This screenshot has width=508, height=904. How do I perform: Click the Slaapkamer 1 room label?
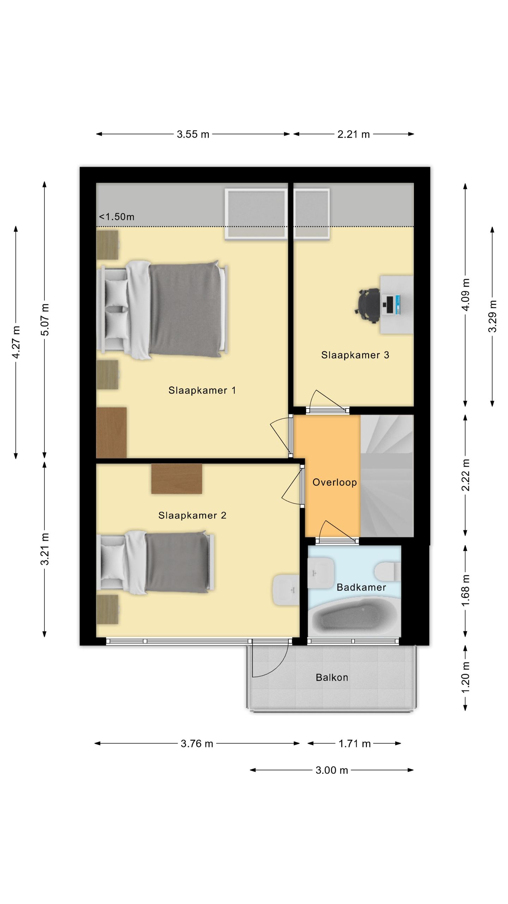[202, 390]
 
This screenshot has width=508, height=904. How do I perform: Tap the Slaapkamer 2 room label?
[192, 516]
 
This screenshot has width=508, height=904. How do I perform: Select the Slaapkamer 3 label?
[355, 355]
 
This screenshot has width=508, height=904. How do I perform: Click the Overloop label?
[335, 482]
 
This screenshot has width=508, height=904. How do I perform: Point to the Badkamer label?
[361, 587]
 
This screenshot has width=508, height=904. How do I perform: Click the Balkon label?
[332, 677]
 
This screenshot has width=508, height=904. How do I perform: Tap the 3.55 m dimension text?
[193, 134]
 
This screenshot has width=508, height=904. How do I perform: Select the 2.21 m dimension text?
[353, 134]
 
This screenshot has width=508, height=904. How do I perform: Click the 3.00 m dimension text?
[332, 770]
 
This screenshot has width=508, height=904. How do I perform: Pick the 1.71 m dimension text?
[355, 744]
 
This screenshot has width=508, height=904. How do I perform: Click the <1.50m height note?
[117, 217]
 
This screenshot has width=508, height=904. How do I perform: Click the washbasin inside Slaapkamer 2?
[286, 590]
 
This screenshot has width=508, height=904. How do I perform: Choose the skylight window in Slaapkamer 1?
[256, 214]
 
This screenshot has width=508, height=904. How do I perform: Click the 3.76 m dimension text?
[197, 744]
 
